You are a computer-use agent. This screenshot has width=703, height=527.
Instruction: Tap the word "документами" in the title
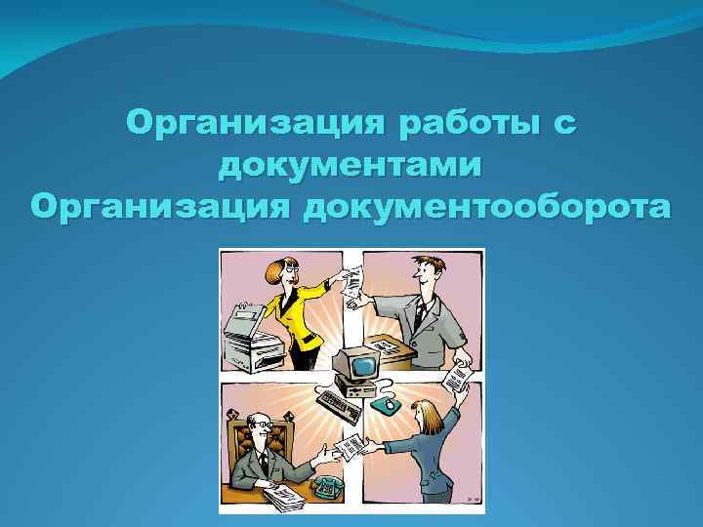[351, 166]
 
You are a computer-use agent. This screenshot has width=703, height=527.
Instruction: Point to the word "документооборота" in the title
[489, 207]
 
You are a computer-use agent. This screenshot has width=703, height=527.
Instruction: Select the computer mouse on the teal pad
[387, 402]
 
